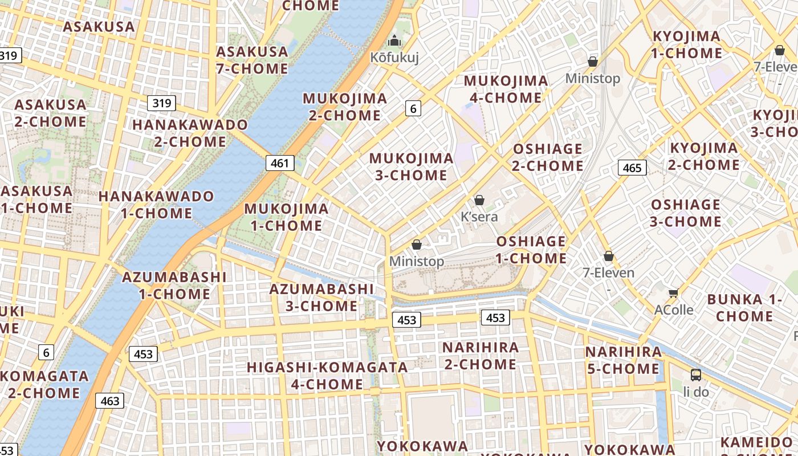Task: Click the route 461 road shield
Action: coord(280,163)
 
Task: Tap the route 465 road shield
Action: coord(632,168)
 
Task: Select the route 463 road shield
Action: coord(109,401)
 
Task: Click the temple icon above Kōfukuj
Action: coord(394,41)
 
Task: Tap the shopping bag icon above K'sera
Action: coord(479,200)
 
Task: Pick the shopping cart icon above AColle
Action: coord(673,293)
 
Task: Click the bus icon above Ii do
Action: coord(696,375)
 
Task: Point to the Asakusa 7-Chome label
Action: coord(252,60)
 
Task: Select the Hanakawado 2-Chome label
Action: coord(190,133)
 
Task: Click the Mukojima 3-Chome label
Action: coord(412,166)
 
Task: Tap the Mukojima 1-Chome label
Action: coord(286,217)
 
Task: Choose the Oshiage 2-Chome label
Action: coord(548,157)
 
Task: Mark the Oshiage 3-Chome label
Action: coord(686,213)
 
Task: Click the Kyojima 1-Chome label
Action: coord(687,44)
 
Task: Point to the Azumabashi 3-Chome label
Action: coord(321,297)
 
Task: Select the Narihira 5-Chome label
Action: coord(624,360)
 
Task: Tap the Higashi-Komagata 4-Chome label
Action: coord(327,375)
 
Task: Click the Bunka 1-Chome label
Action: coord(744,307)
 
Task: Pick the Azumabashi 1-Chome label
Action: coord(174,285)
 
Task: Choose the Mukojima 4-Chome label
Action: coord(506,89)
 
